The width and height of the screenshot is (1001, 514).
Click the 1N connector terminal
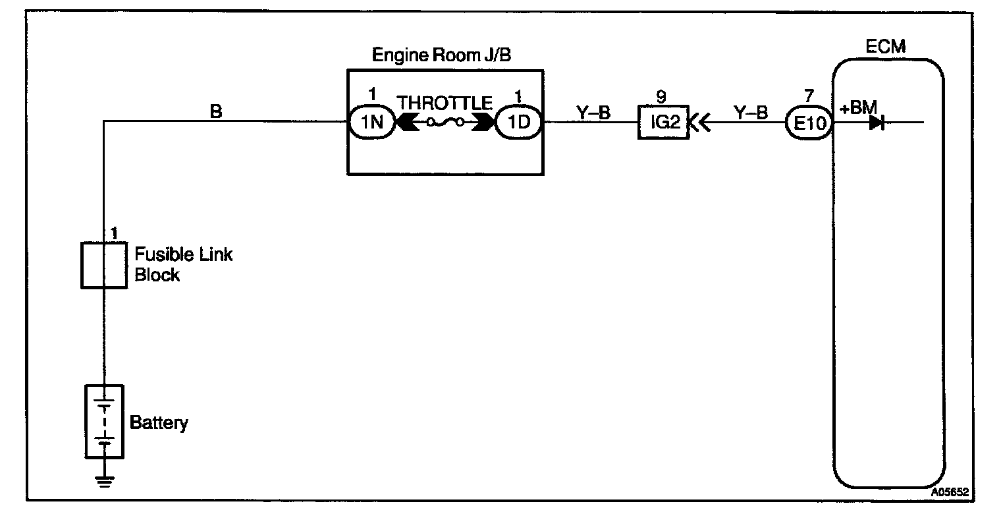371,122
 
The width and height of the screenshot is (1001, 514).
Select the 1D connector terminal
518,122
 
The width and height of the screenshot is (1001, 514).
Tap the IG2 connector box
662,122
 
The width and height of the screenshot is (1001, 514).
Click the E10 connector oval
809,123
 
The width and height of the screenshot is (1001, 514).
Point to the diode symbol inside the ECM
877,123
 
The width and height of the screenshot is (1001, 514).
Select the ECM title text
886,47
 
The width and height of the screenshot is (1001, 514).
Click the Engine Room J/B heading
442,55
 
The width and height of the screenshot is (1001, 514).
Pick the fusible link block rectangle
103,264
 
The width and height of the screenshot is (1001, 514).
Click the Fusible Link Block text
182,264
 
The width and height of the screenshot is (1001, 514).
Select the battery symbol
103,420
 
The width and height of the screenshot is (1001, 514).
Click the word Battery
159,422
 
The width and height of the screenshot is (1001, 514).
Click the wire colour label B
215,112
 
